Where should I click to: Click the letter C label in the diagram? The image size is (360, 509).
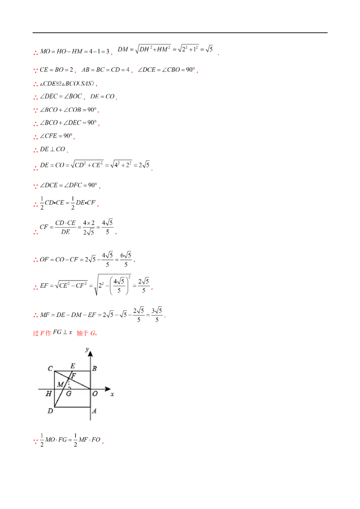50,369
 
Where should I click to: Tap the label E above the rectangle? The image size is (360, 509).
73,366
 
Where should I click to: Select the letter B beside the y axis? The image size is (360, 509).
94,369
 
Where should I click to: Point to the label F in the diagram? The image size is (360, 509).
74,375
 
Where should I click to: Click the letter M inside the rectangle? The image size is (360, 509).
60,384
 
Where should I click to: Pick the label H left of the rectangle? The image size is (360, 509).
49,394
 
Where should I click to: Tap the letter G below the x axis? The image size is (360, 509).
68,394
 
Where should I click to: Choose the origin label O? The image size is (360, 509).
95,394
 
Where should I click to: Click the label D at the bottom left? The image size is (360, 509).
50,411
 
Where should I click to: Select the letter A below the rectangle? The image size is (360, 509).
94,411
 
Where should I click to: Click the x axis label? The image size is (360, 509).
112,394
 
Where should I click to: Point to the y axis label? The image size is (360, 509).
86,349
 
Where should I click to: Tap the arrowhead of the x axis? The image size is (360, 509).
108,389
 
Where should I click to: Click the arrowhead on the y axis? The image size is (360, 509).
90,354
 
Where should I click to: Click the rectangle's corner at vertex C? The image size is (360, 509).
54,371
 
